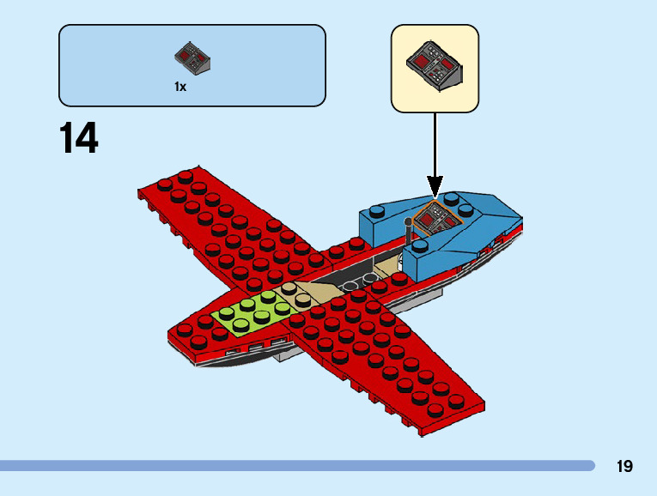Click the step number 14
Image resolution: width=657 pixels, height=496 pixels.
tap(79, 138)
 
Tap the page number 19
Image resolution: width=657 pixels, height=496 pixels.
tap(624, 466)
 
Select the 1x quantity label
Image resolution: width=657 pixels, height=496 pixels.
tap(180, 87)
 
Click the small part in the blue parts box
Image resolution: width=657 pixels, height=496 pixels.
tap(192, 57)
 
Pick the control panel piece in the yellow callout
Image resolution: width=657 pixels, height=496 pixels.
tap(435, 64)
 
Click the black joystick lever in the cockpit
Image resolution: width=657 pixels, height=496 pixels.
tap(409, 230)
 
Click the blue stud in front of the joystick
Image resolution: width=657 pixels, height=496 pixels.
tap(419, 249)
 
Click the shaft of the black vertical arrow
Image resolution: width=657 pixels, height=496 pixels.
tap(435, 146)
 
